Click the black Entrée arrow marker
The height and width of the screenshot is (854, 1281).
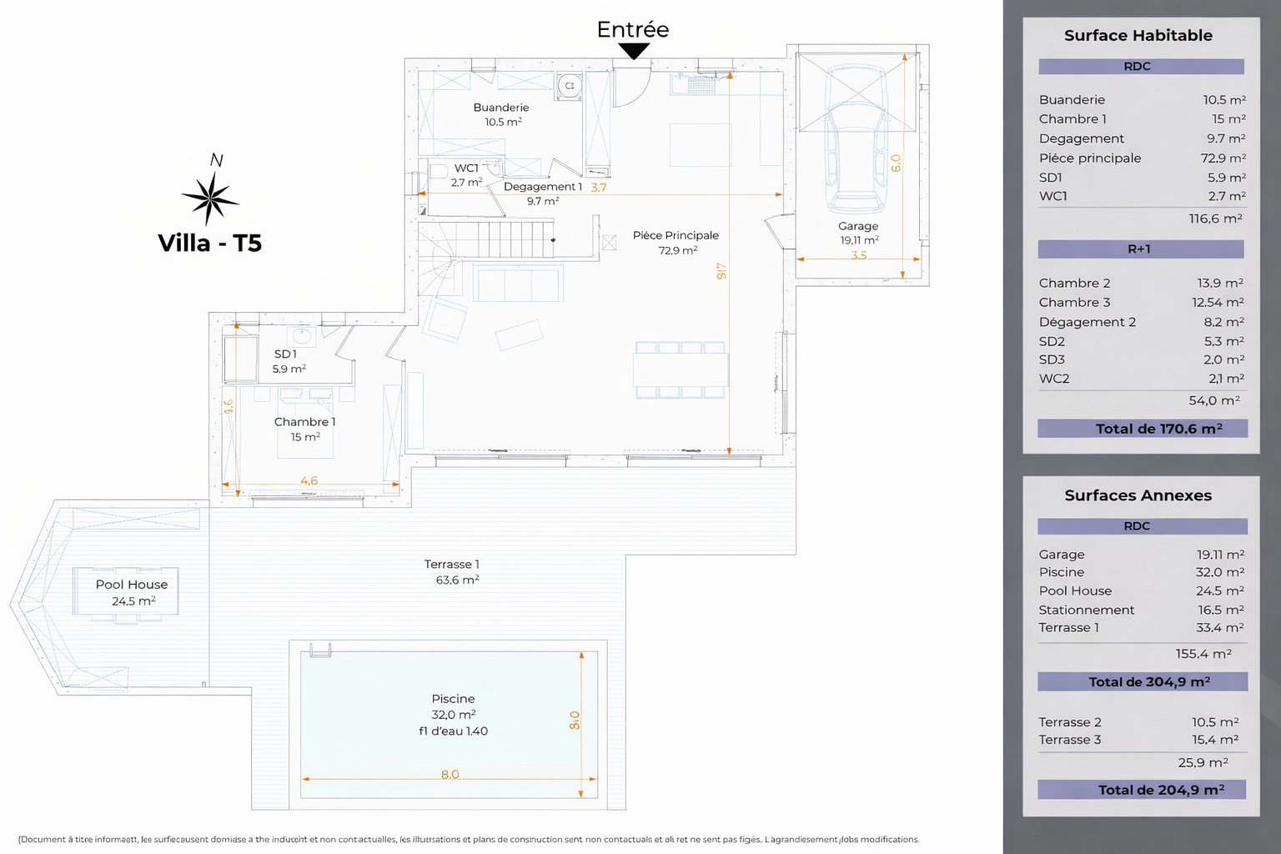(x=634, y=51)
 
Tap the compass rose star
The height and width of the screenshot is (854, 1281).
(x=210, y=198)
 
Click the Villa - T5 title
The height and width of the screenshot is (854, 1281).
(x=209, y=243)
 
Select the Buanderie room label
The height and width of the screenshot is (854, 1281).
(x=501, y=108)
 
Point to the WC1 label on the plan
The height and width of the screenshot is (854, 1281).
(x=466, y=168)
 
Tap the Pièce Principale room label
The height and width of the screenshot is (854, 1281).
(x=676, y=235)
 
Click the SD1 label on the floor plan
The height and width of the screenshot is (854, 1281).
(x=285, y=354)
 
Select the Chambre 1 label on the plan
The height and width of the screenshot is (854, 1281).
(x=304, y=422)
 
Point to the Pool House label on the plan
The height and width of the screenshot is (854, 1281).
(x=132, y=585)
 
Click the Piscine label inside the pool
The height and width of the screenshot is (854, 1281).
(x=453, y=699)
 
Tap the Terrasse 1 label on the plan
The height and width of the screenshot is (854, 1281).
(x=451, y=565)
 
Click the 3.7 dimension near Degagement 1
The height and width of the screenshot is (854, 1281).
(x=599, y=188)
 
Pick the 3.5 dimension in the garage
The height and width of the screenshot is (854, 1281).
(x=859, y=255)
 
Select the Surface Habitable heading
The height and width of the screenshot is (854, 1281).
(x=1138, y=35)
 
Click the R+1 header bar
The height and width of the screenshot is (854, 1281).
(x=1140, y=249)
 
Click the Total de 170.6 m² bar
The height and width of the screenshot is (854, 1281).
(x=1143, y=429)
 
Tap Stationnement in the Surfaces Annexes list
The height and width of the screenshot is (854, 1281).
(x=1086, y=610)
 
